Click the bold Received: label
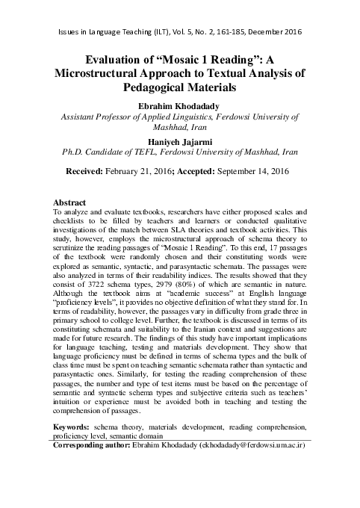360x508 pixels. [90, 172]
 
